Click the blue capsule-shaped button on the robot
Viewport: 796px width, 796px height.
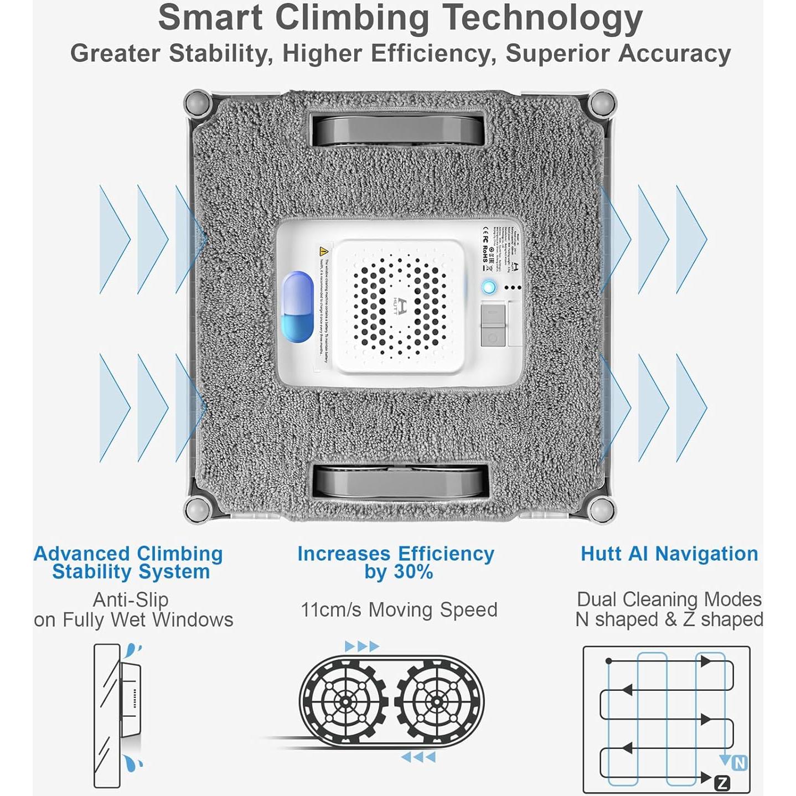[x=298, y=307]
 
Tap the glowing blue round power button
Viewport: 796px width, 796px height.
[x=488, y=287]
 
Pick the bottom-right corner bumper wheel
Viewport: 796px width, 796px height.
[x=601, y=509]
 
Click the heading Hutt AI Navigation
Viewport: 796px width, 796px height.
[x=669, y=554]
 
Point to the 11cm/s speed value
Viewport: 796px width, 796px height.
[x=330, y=610]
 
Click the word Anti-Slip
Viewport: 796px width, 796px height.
[x=131, y=600]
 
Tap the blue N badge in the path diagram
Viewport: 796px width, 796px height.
[x=740, y=763]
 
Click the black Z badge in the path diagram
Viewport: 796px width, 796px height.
[x=722, y=782]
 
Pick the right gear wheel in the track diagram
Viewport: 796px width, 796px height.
[x=437, y=702]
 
